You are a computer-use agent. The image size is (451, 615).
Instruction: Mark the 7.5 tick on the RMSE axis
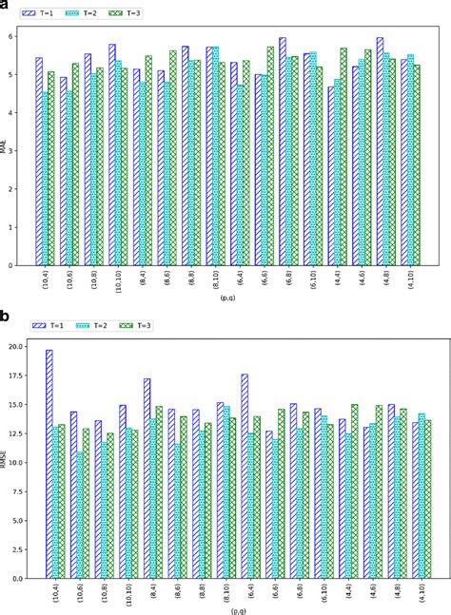16,491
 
